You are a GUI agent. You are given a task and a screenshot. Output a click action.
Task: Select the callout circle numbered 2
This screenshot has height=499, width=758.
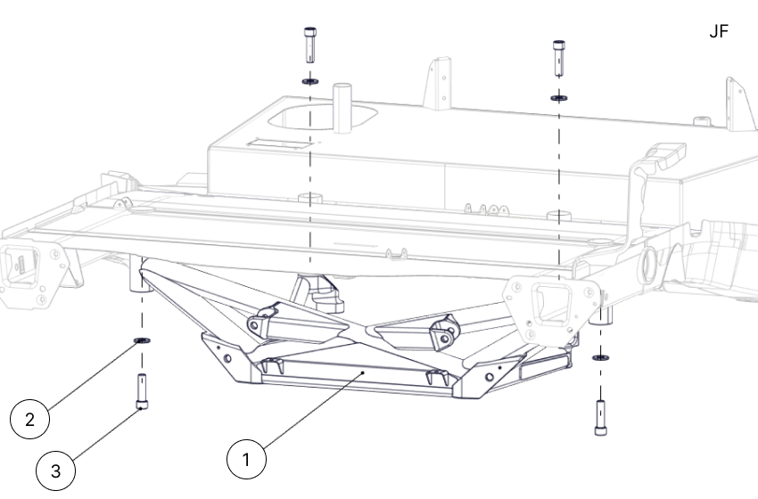pos(30,420)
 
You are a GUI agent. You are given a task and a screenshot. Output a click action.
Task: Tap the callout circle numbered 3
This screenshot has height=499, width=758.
pos(56,470)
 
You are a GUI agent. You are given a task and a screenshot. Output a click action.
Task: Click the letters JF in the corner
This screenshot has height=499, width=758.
pos(718,32)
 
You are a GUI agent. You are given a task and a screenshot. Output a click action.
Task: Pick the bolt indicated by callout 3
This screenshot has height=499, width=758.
pos(141,391)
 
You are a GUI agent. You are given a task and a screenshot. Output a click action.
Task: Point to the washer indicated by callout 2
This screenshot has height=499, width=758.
pos(140,341)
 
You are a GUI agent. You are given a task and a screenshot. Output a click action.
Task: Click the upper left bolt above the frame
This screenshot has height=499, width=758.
pos(309,41)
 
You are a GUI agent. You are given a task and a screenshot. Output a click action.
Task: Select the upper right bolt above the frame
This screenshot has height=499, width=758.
pos(558,54)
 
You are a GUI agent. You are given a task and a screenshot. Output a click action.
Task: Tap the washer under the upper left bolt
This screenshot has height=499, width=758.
pos(309,81)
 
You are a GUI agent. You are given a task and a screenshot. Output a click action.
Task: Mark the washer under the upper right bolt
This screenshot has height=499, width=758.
pos(558,97)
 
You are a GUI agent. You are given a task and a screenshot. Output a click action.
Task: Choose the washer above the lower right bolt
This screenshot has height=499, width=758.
pos(600,358)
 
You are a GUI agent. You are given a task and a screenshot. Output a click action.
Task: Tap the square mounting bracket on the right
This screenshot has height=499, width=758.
pos(546,304)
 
